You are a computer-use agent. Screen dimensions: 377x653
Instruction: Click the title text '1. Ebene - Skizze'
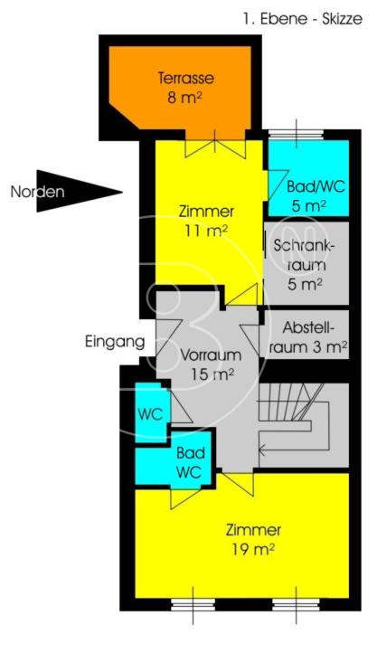coord(303,19)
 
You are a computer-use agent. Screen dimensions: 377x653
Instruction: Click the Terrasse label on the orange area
coord(186,78)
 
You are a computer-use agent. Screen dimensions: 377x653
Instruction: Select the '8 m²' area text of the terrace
coord(184,98)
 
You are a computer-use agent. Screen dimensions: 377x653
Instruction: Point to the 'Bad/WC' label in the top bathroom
coord(316,186)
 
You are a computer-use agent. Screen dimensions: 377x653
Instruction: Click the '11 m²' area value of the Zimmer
coord(206,231)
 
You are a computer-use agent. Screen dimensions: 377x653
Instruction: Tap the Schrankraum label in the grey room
coord(306,254)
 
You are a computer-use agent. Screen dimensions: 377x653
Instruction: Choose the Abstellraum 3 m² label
coord(308,337)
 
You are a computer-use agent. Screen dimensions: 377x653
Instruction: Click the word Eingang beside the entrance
coord(115,342)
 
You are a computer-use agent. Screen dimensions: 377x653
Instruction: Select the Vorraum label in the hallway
coord(211,355)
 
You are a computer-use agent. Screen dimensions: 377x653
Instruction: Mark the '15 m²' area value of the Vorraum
coord(212,374)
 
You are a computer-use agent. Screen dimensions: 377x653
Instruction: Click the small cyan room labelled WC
coord(152,412)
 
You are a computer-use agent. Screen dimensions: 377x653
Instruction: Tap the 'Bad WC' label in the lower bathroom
coord(189,462)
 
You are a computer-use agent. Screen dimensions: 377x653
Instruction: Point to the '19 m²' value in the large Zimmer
coord(253,549)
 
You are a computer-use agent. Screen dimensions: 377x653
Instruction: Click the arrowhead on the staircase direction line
coord(262,450)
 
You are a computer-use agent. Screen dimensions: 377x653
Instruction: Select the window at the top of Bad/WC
coord(296,134)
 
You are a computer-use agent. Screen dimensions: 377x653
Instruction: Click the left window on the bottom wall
coord(193,604)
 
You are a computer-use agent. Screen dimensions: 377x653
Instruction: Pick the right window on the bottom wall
coord(296,604)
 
